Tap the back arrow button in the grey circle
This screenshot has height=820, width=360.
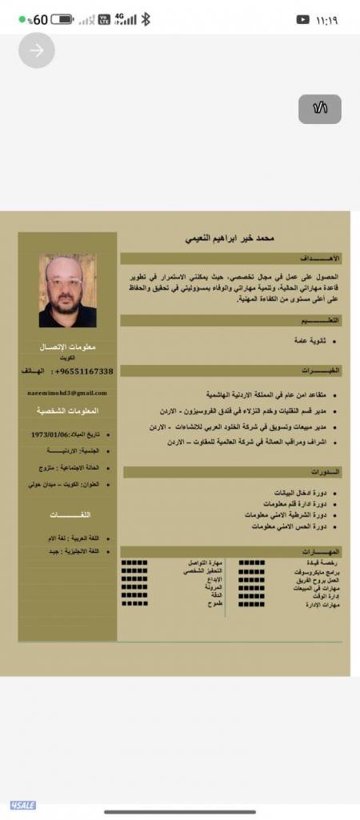[37, 50]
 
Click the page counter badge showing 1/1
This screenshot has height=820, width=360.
[320, 109]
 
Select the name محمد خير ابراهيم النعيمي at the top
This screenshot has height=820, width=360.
[230, 238]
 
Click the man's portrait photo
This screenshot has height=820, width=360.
[67, 290]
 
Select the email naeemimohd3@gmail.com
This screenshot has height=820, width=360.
[67, 393]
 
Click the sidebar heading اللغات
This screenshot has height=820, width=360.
[68, 514]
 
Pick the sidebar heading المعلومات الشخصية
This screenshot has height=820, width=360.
[67, 410]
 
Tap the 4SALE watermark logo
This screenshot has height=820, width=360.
[22, 805]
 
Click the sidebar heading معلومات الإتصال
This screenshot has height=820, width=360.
[67, 346]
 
